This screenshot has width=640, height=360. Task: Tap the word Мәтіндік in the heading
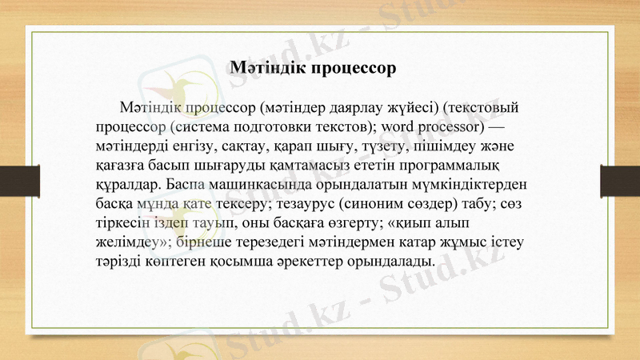[x=265, y=67]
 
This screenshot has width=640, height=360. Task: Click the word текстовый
[x=485, y=106]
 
